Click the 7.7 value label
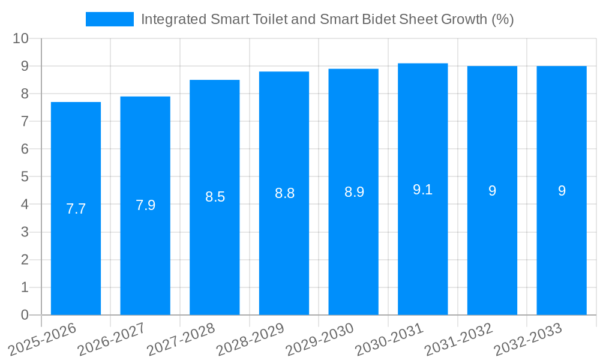pyautogui.click(x=76, y=209)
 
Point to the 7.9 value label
pyautogui.click(x=145, y=205)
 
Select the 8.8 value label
pyautogui.click(x=284, y=193)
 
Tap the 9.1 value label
pyautogui.click(x=422, y=190)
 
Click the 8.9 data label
pyautogui.click(x=354, y=192)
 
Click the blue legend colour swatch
pyautogui.click(x=110, y=19)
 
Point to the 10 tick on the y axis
pyautogui.click(x=21, y=38)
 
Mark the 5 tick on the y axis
pyautogui.click(x=25, y=177)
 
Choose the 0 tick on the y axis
pyautogui.click(x=25, y=315)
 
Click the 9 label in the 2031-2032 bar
pyautogui.click(x=492, y=191)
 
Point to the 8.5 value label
pyautogui.click(x=215, y=197)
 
